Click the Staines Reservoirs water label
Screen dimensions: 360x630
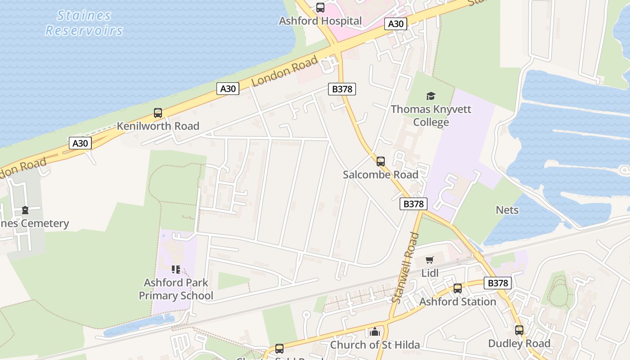(x=84, y=22)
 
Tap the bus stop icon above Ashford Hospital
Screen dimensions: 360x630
(x=320, y=8)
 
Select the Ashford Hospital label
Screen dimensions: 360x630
(x=320, y=21)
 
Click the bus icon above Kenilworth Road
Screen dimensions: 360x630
(x=158, y=113)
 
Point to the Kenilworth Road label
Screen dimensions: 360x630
(x=158, y=126)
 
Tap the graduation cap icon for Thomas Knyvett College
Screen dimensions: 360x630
(x=431, y=96)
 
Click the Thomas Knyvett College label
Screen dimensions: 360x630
(x=431, y=116)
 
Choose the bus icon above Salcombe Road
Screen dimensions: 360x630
(x=381, y=162)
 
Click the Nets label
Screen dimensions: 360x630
(x=507, y=210)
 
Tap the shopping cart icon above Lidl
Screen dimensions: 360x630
(x=429, y=260)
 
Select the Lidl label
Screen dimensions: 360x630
(x=430, y=273)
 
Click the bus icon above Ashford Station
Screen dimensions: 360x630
(x=458, y=288)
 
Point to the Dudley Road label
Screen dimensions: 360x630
(x=519, y=344)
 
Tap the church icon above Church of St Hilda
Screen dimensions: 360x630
(x=375, y=332)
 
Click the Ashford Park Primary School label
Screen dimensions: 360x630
(x=176, y=289)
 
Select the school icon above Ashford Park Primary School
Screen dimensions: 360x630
(x=176, y=270)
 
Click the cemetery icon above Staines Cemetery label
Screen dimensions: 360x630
(x=25, y=210)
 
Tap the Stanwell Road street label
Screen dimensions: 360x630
(x=405, y=267)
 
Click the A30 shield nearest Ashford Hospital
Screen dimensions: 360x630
(x=396, y=24)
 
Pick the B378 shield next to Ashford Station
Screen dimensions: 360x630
(x=498, y=283)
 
